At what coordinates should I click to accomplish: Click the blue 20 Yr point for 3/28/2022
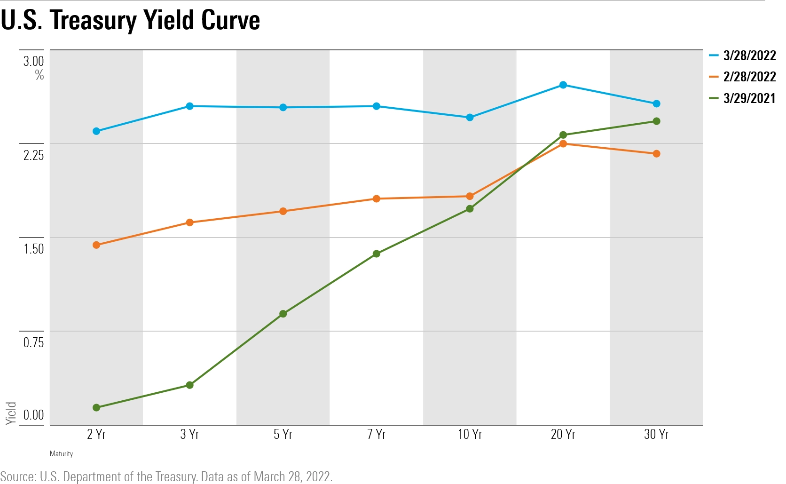tap(563, 85)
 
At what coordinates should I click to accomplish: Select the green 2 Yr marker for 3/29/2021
tap(96, 407)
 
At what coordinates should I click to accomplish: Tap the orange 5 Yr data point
tap(283, 211)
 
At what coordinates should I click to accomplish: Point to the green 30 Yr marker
tap(657, 121)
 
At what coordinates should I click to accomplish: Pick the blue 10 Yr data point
tap(470, 118)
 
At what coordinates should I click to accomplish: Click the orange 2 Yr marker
tap(96, 245)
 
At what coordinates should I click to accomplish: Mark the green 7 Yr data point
tap(377, 254)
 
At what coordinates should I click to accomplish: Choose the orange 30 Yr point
tap(657, 154)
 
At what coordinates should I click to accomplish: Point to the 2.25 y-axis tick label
tap(33, 155)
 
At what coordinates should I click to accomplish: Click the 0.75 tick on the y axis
tap(33, 342)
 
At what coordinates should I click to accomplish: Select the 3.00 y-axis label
tap(33, 61)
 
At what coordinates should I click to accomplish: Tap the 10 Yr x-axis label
tap(470, 434)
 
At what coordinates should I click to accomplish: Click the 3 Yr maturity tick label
tap(189, 434)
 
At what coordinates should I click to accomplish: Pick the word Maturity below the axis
tap(61, 454)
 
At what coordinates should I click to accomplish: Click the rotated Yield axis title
tap(11, 413)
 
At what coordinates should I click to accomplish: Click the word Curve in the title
tap(230, 20)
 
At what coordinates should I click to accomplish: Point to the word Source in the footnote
tap(18, 476)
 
